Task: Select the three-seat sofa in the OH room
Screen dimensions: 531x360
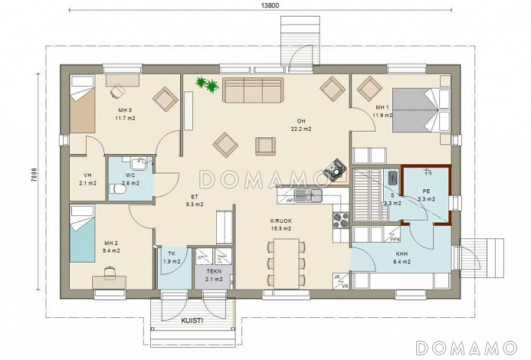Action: click(253, 90)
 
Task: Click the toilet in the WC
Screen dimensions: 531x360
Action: click(117, 189)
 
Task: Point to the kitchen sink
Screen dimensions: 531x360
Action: click(308, 195)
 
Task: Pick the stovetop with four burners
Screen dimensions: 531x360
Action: click(341, 220)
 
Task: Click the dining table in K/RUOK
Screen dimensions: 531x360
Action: click(287, 263)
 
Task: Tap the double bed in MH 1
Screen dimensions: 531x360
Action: click(421, 110)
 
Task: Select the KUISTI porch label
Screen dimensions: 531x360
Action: click(192, 320)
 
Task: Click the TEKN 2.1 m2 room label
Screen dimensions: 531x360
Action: click(214, 275)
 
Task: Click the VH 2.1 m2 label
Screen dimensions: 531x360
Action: click(87, 179)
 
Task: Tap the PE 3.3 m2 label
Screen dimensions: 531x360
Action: click(426, 195)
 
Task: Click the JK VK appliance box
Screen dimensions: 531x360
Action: click(341, 281)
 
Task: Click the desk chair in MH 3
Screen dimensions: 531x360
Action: click(117, 90)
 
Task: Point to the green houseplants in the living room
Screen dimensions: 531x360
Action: click(207, 84)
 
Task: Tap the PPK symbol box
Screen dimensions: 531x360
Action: click(394, 234)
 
